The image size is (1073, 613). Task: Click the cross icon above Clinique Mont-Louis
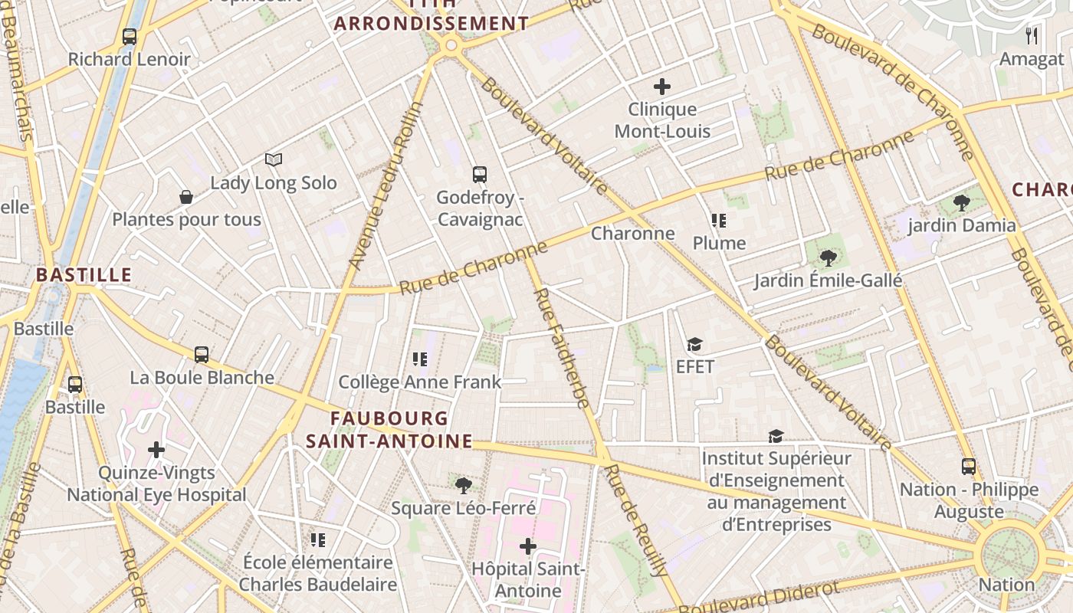point(662,87)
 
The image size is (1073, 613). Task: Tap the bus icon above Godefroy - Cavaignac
point(480,175)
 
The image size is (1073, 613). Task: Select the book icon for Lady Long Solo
point(274,159)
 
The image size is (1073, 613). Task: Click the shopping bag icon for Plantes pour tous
point(186,198)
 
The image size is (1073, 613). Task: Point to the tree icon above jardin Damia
point(962,203)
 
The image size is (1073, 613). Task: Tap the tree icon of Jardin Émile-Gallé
point(828,258)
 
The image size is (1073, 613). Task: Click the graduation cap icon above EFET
point(694,345)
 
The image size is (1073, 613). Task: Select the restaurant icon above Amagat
point(1032,36)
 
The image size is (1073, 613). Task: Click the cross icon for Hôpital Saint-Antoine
point(528,546)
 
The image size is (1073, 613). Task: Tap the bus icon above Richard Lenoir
point(130,37)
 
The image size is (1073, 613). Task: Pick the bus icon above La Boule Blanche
point(202,355)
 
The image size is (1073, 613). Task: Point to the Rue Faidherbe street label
point(561,347)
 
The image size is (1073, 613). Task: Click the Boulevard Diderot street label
point(759,598)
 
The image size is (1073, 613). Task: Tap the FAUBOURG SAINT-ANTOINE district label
point(389,430)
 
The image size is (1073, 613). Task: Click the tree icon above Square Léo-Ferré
point(463,485)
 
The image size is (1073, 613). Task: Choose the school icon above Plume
point(718,221)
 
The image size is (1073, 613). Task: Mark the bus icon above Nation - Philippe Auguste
point(969,467)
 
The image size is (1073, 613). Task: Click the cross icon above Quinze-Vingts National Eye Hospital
point(156,450)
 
